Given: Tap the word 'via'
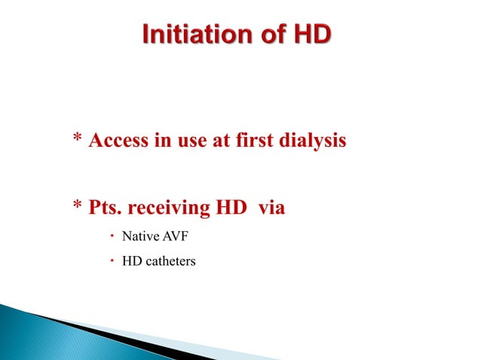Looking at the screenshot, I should (271, 207).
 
